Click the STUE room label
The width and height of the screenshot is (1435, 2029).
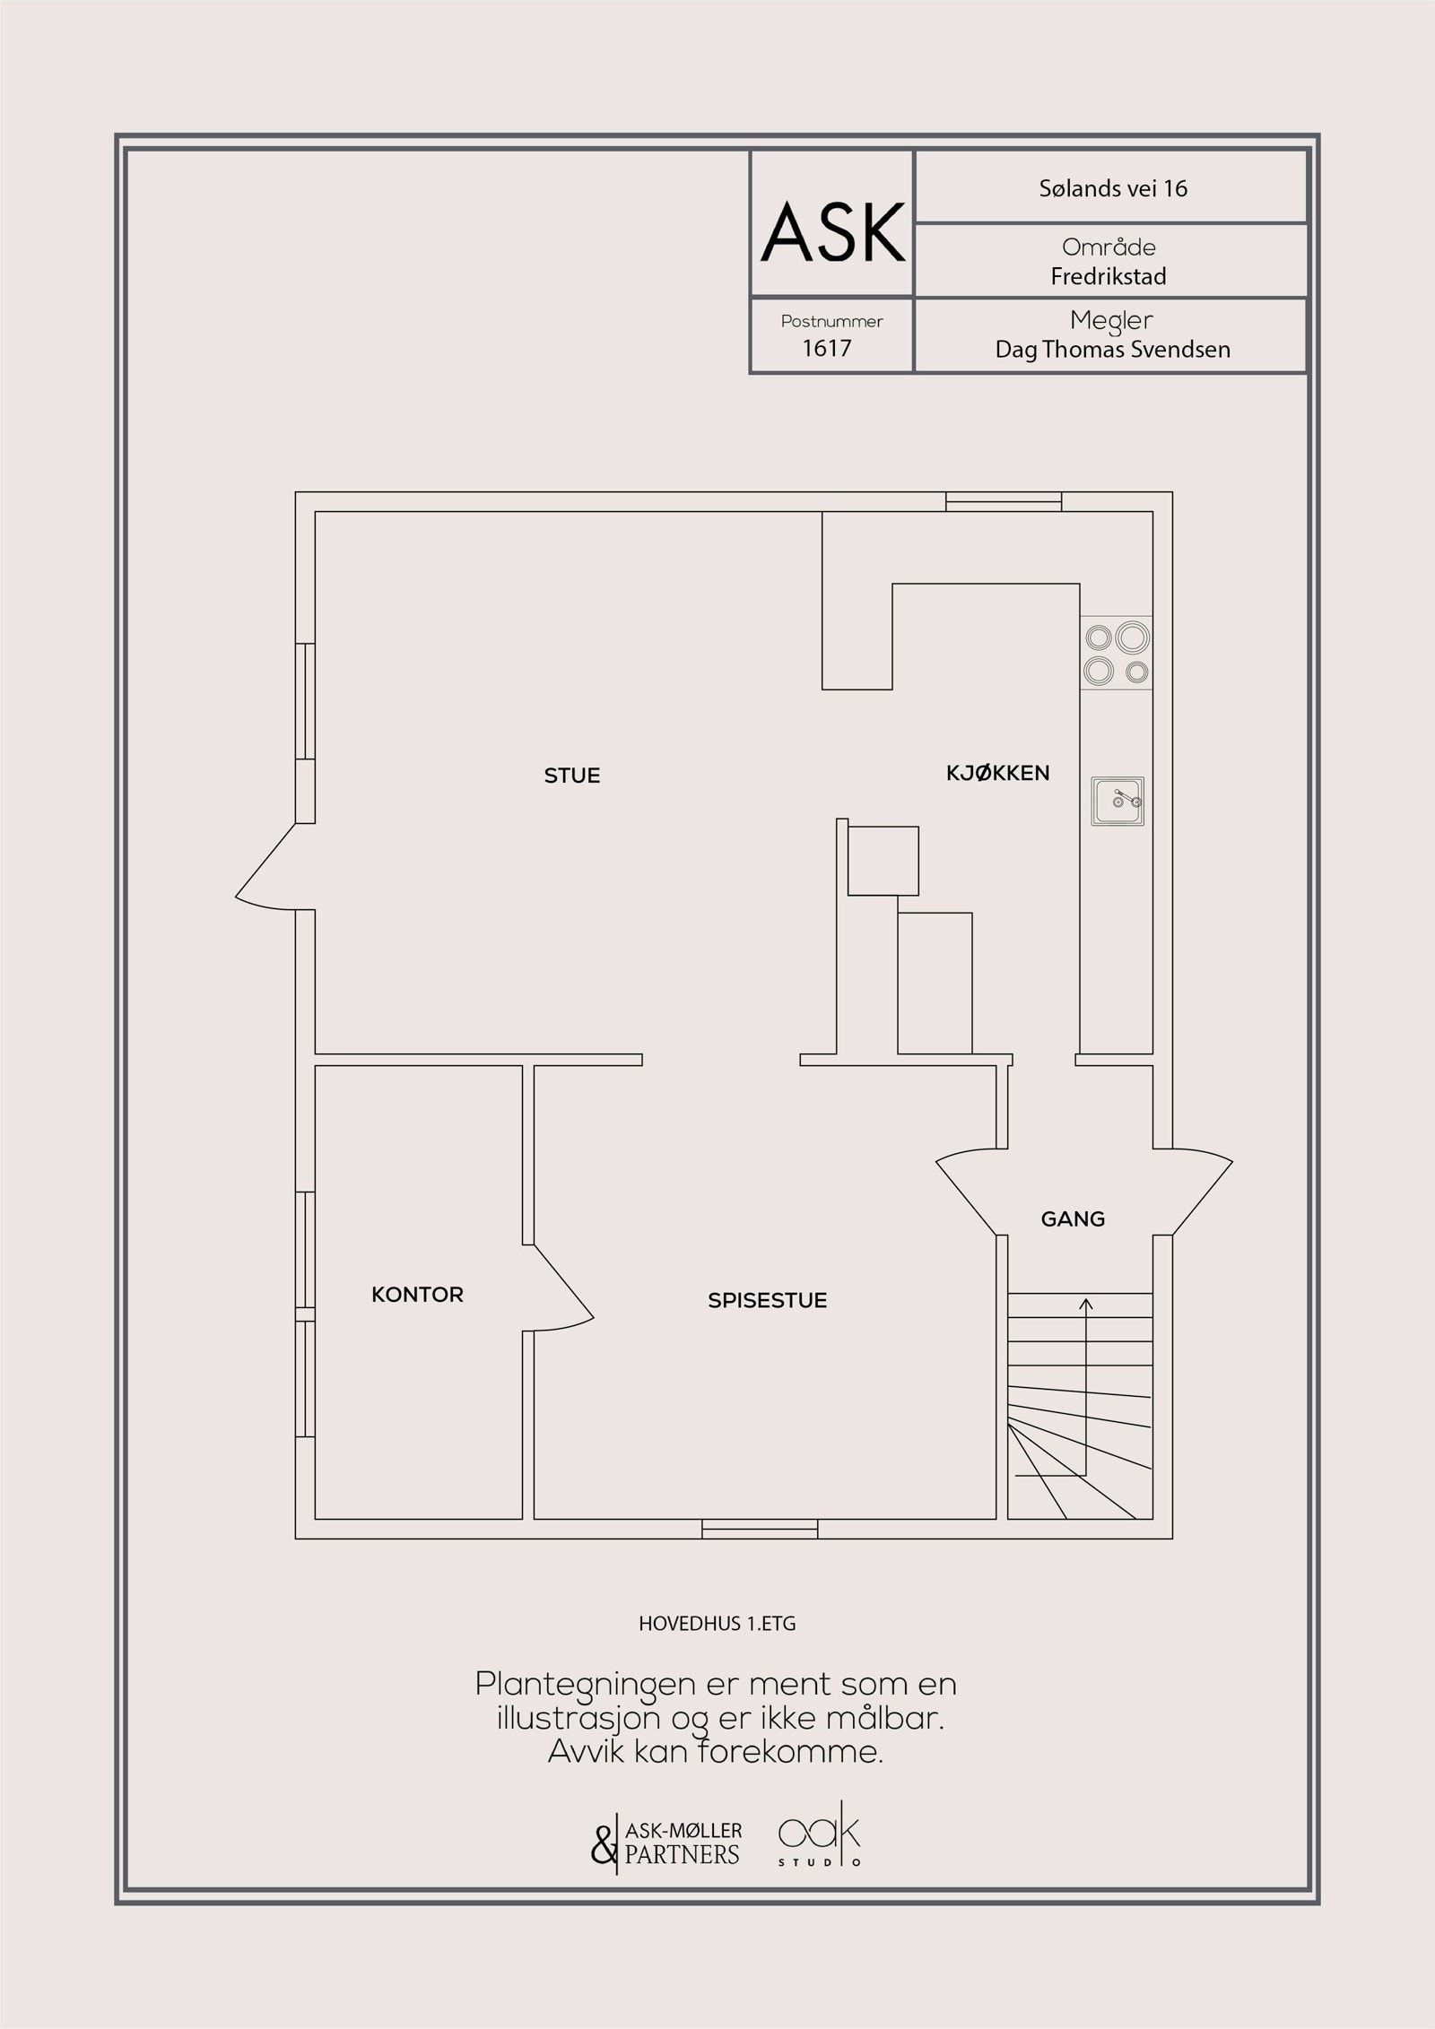572,776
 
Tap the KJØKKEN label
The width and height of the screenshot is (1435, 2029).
997,773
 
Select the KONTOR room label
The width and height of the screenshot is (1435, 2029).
417,1295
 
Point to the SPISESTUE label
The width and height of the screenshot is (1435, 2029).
767,1300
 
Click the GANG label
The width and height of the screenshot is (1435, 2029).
1073,1218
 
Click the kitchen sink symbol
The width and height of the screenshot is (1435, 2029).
1118,802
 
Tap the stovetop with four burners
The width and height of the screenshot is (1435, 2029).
1116,653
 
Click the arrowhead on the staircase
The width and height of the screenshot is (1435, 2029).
1086,1304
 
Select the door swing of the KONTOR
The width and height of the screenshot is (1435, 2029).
563,1289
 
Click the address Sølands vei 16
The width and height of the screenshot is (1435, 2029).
1113,188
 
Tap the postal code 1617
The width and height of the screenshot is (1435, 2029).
826,348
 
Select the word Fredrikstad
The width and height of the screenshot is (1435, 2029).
1109,276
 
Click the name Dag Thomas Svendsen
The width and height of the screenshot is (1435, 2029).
1112,350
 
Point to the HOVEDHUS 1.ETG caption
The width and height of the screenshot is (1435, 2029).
717,1624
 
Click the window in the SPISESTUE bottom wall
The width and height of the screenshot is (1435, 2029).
760,1529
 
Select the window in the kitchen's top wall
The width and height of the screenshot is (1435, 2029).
1004,502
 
